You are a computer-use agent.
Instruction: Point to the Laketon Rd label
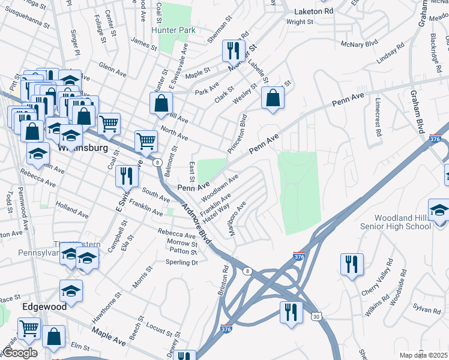click(x=313, y=11)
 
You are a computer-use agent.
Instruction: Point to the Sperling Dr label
click(x=182, y=262)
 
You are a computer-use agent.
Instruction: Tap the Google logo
click(x=20, y=353)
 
